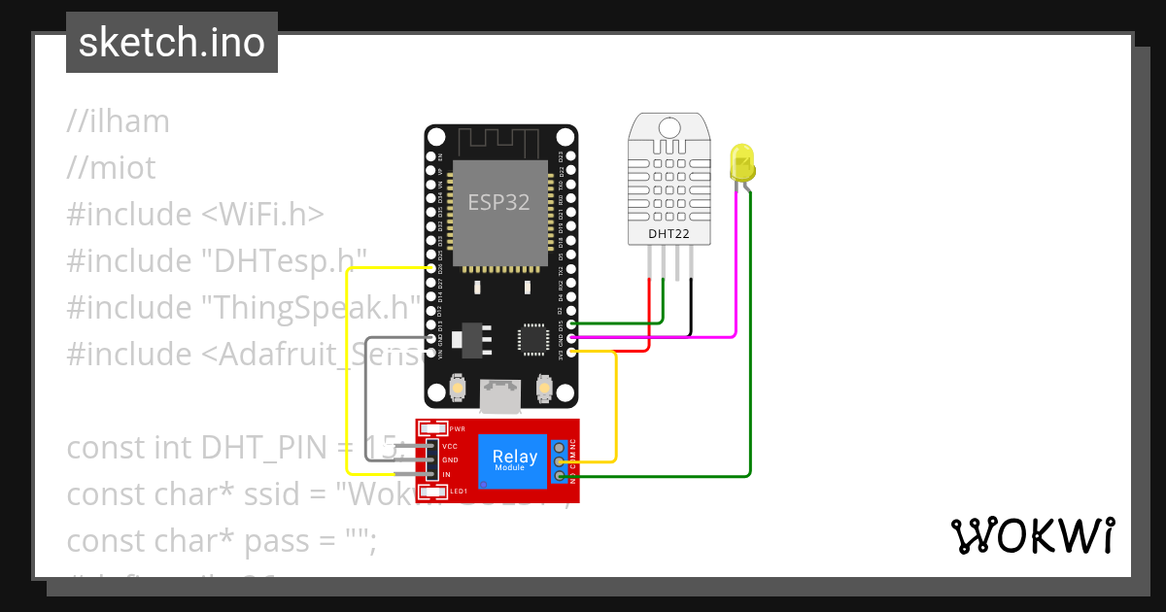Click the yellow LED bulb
pyautogui.click(x=741, y=162)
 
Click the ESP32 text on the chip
pyautogui.click(x=498, y=202)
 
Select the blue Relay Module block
pyautogui.click(x=514, y=459)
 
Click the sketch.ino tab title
pyautogui.click(x=172, y=43)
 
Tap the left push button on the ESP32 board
pyautogui.click(x=457, y=390)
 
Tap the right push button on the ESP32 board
pyautogui.click(x=545, y=390)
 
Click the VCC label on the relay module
pyautogui.click(x=450, y=446)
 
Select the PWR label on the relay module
pyautogui.click(x=457, y=428)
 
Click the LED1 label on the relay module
pyautogui.click(x=457, y=493)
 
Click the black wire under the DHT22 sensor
pyautogui.click(x=691, y=306)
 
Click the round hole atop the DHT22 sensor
pyautogui.click(x=669, y=127)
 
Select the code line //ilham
pyautogui.click(x=119, y=121)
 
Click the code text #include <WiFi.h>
pyautogui.click(x=195, y=215)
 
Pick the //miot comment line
pyautogui.click(x=111, y=168)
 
